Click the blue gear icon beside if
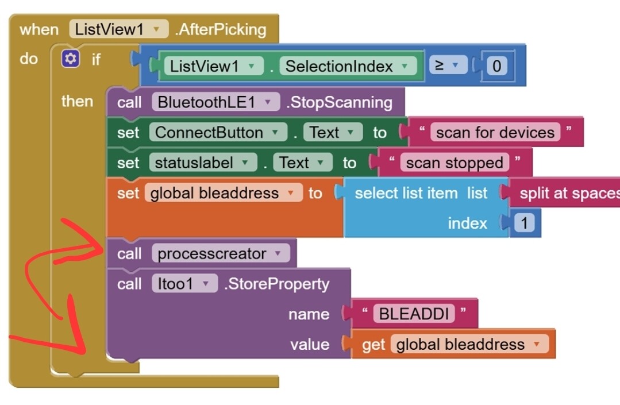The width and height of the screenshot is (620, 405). click(x=70, y=59)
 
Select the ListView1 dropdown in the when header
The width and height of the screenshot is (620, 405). click(x=118, y=29)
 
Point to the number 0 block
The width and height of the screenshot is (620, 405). click(x=496, y=66)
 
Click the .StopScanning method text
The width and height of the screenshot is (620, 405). click(x=339, y=102)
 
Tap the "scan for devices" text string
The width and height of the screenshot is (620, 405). click(x=495, y=133)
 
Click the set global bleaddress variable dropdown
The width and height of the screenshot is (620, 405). click(x=223, y=193)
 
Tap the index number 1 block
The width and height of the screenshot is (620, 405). click(x=523, y=223)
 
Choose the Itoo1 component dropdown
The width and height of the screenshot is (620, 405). click(x=184, y=284)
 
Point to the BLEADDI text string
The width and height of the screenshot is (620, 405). click(x=413, y=314)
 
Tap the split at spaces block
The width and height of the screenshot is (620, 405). click(x=566, y=193)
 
